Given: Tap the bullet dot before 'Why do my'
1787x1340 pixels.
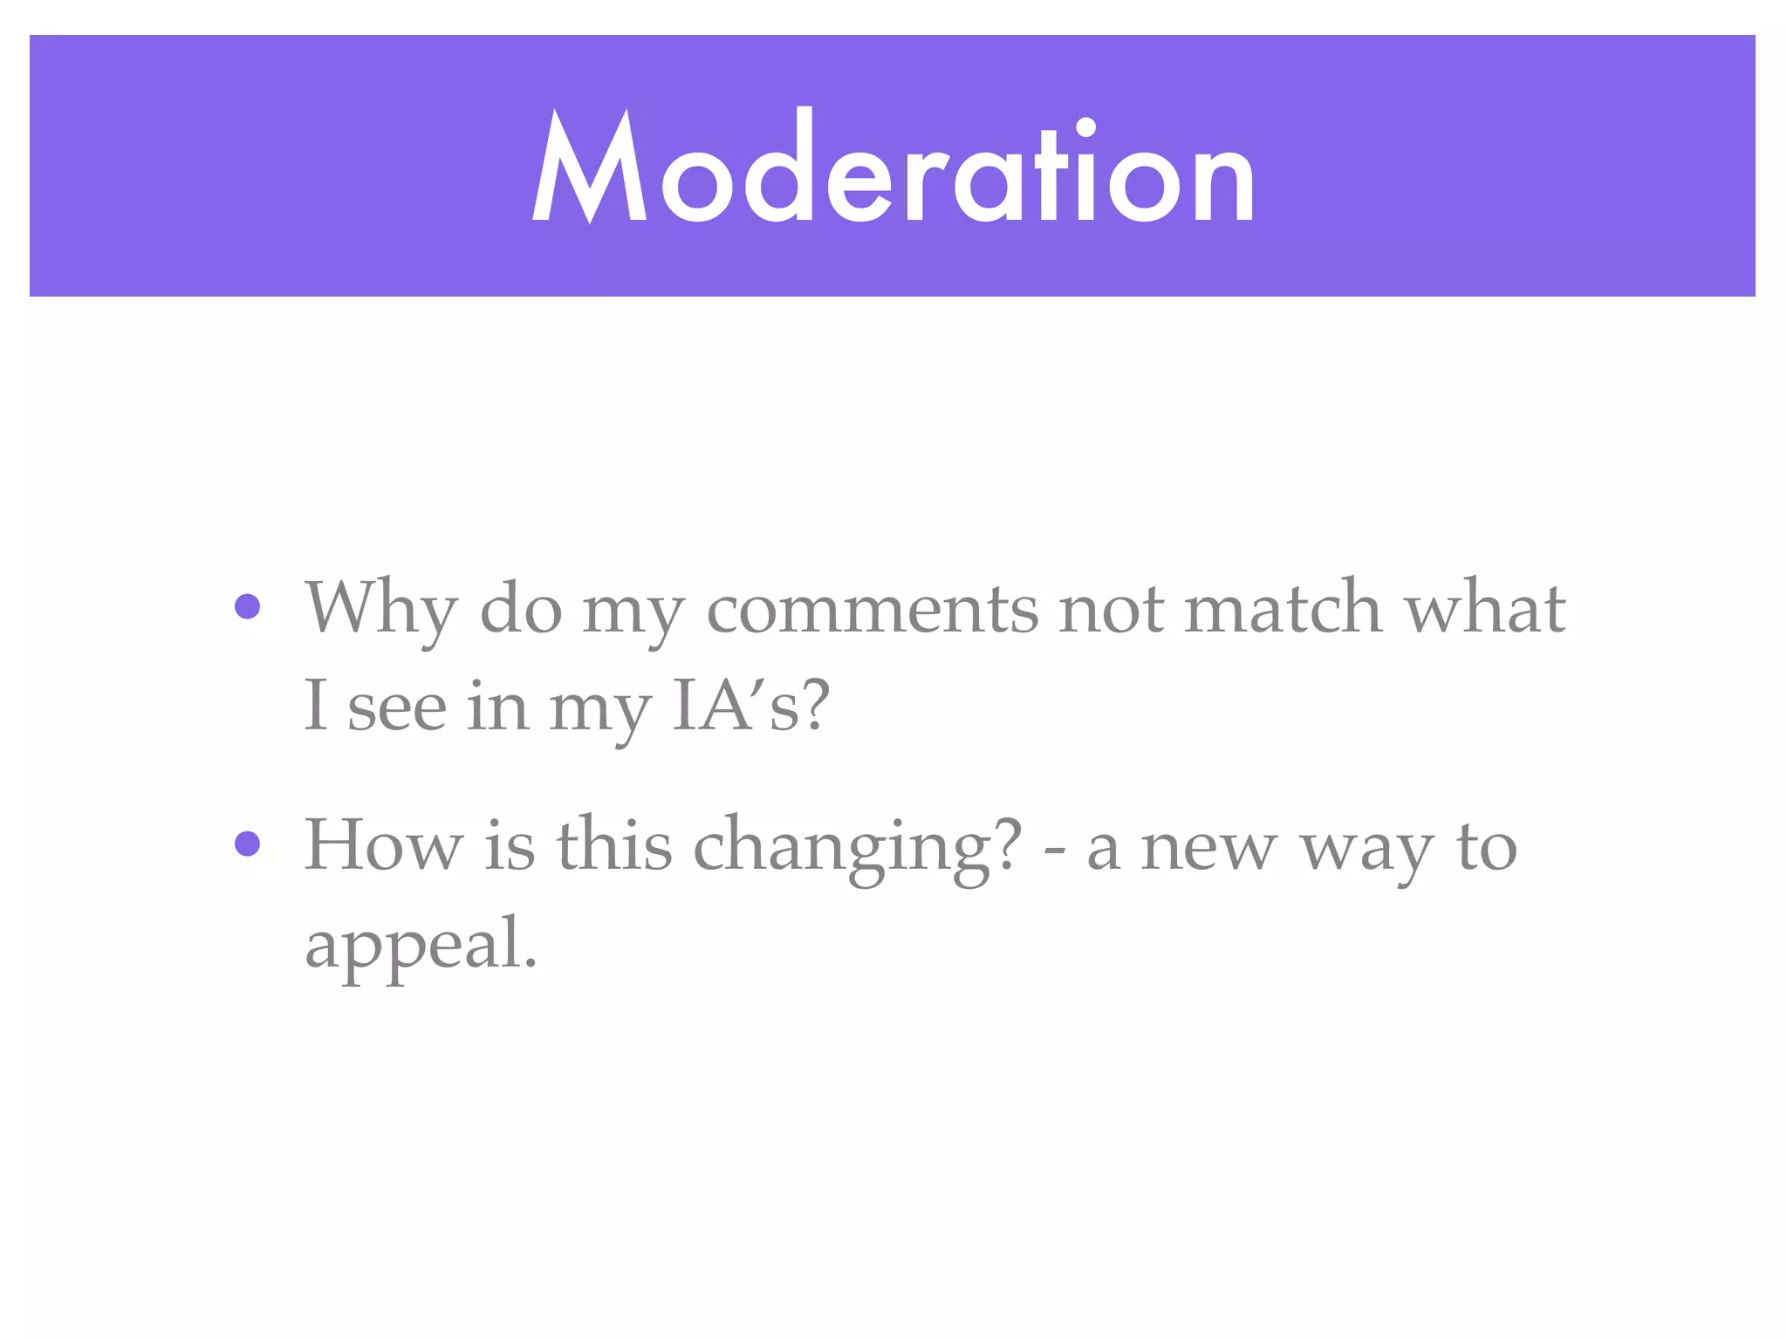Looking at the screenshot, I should click(248, 607).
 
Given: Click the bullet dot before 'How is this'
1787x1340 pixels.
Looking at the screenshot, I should click(248, 844).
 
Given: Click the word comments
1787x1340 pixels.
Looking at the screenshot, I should click(872, 609).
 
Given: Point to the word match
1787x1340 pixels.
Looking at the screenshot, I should click(1283, 609).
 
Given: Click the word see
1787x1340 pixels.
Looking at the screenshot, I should click(397, 707).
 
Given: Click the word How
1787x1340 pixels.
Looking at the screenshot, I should click(383, 844).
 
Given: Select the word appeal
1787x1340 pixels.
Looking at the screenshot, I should click(421, 946).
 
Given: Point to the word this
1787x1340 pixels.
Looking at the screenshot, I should click(614, 844).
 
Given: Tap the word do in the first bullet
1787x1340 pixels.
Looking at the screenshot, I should click(521, 609).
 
